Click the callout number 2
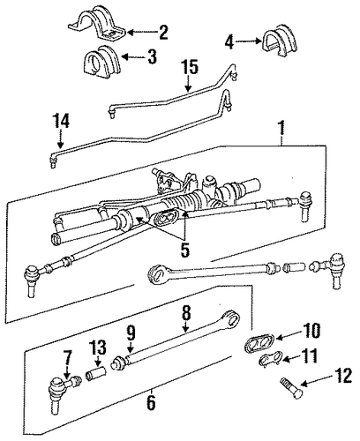[162, 33]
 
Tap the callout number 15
[189, 67]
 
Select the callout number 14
[61, 121]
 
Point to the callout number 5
[184, 250]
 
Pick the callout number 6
[151, 402]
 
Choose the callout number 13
[98, 348]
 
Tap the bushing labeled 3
[101, 61]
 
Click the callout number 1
[281, 128]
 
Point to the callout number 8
[186, 313]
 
